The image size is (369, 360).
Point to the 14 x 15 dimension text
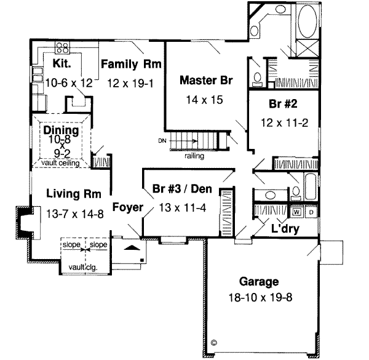coord(202,98)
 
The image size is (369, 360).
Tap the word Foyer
coord(127,207)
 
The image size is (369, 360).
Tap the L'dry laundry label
coord(285,228)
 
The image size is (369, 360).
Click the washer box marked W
coord(297,212)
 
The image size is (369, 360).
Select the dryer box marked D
coord(310,212)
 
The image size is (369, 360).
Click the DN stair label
coord(162,142)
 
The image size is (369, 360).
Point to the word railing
coord(194,156)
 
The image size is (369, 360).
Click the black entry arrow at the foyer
coord(131,247)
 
